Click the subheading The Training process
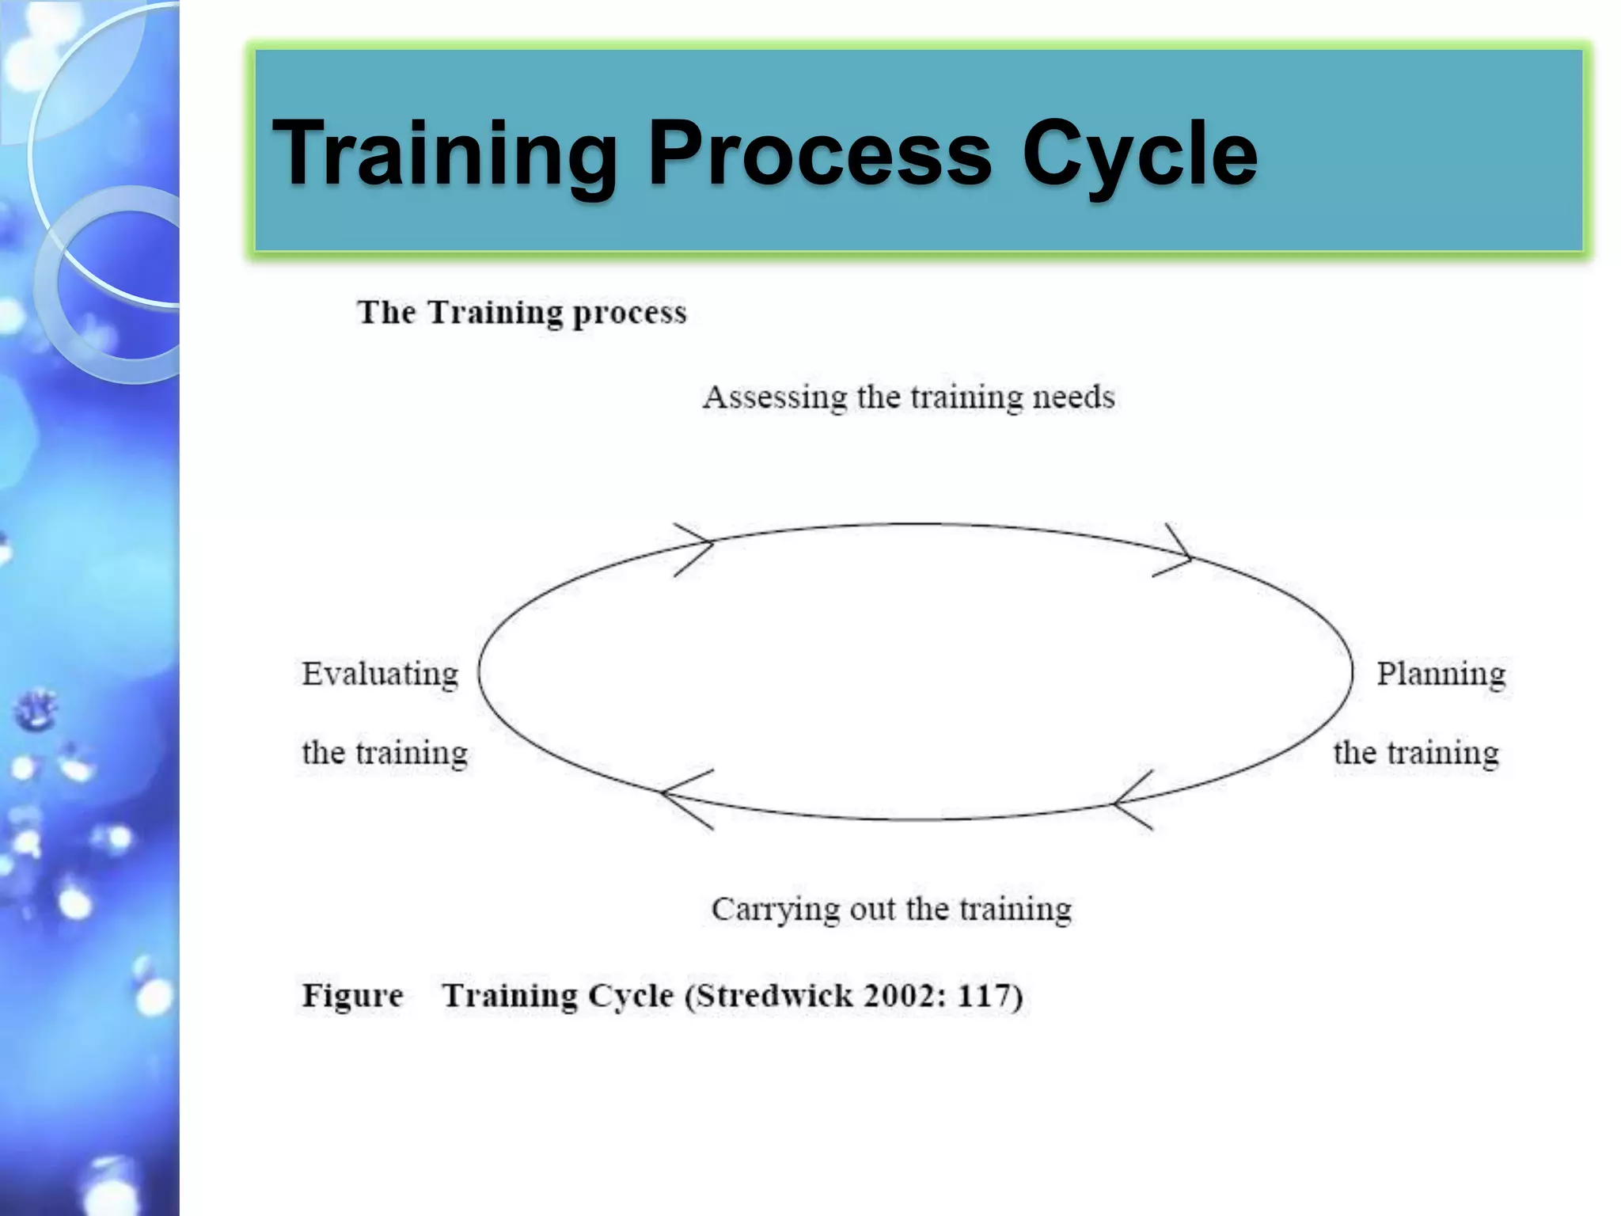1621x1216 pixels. coord(522,313)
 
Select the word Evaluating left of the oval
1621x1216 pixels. coord(380,674)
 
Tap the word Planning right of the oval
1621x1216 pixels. coord(1441,674)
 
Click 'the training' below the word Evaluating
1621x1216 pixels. coord(385,753)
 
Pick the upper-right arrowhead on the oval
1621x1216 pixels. coord(1176,553)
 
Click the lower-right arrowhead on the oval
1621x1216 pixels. coord(1132,800)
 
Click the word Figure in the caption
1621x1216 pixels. coord(352,996)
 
